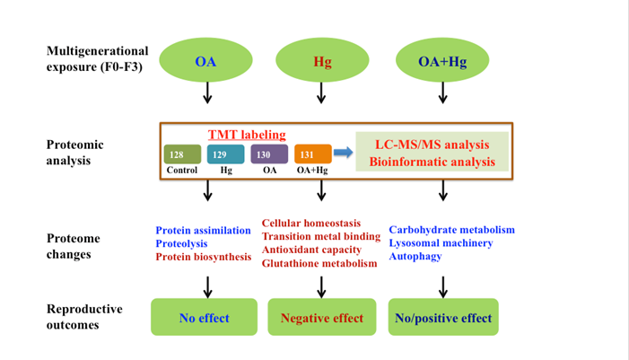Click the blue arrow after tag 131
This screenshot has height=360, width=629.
(x=343, y=153)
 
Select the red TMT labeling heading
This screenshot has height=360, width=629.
(x=247, y=135)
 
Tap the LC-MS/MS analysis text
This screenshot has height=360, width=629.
(x=432, y=144)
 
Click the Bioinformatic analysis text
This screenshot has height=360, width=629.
(x=432, y=162)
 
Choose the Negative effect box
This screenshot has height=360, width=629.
(x=322, y=318)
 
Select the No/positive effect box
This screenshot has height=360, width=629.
(x=443, y=318)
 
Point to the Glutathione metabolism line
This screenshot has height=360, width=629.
(x=319, y=263)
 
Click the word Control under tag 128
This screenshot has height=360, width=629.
(x=182, y=170)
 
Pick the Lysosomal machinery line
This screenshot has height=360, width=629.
(x=441, y=243)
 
